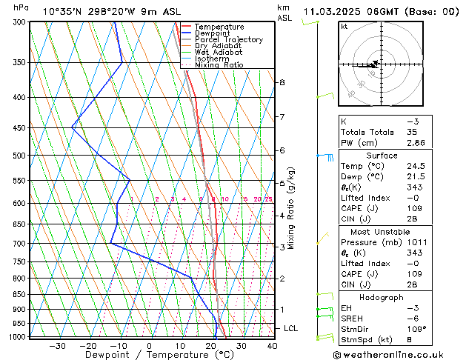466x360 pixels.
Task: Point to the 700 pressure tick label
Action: (20, 243)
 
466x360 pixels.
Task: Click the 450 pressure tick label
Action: (20, 128)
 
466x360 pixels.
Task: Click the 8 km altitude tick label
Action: (282, 82)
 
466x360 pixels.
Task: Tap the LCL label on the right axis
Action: (290, 328)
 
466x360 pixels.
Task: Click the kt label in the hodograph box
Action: (344, 27)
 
